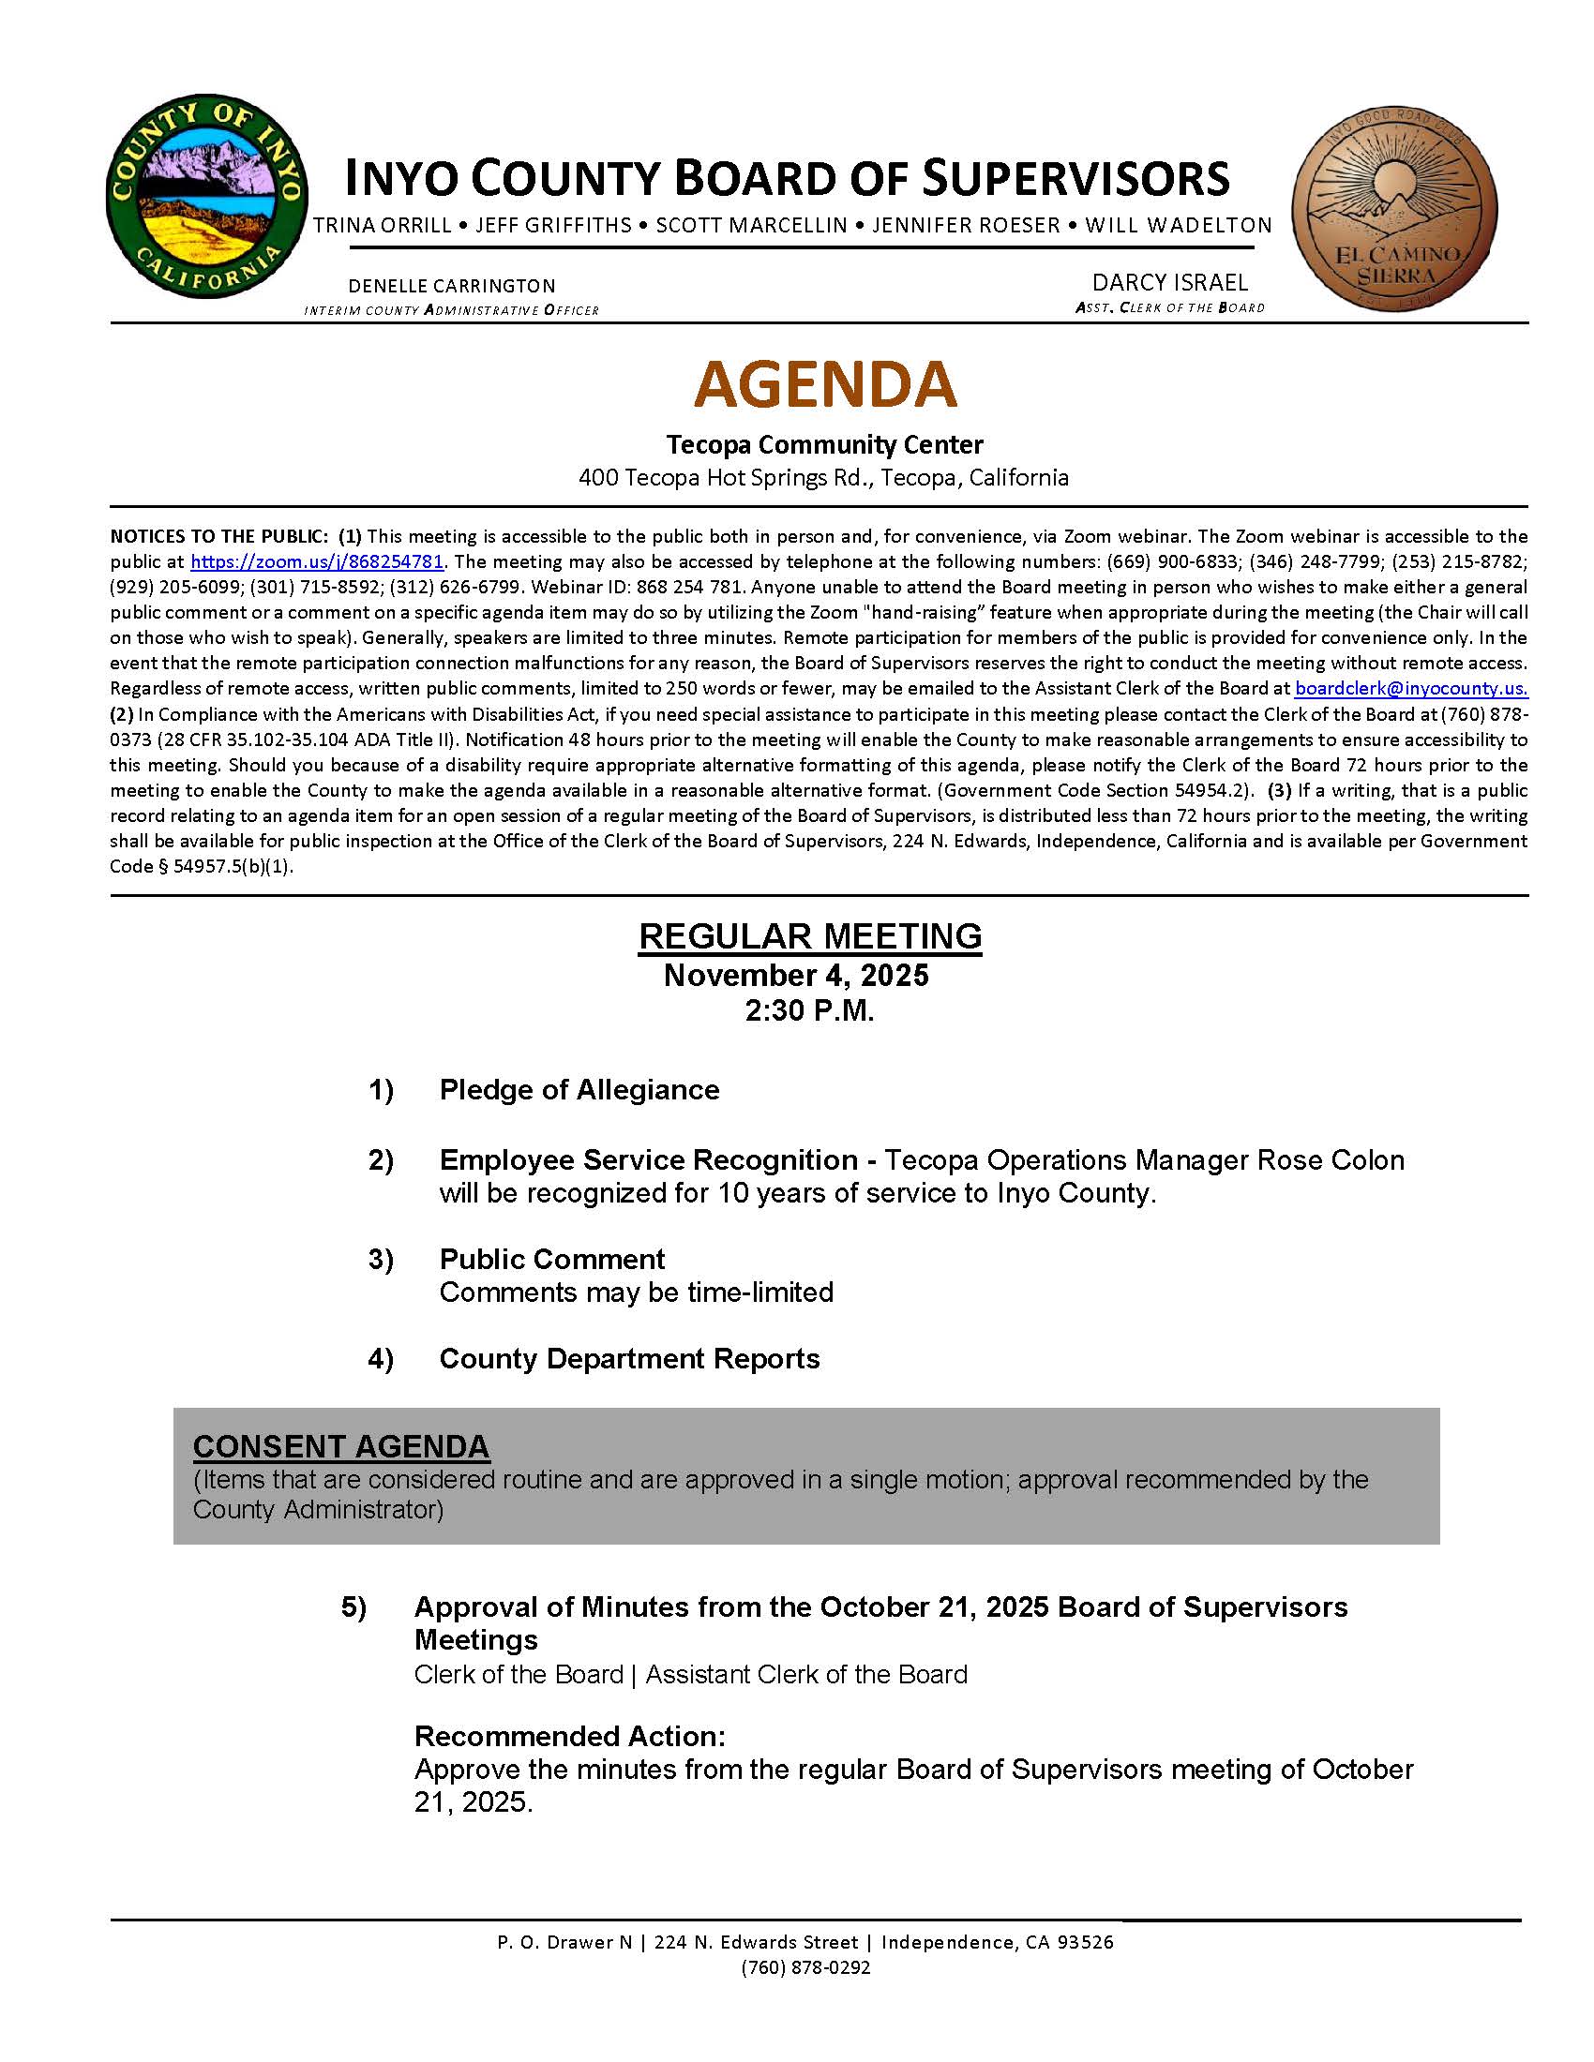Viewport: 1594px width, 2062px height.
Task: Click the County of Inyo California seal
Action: coord(207,197)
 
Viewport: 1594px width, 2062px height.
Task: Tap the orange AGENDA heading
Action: coord(825,383)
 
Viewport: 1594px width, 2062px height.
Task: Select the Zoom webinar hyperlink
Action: coord(316,561)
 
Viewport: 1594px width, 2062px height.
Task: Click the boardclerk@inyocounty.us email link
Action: coord(1411,688)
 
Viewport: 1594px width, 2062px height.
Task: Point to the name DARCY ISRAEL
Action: coord(1169,282)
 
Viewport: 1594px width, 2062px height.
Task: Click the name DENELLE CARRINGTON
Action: coord(451,286)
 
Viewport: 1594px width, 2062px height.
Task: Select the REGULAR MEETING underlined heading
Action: coord(810,935)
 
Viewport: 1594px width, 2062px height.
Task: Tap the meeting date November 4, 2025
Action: coord(796,976)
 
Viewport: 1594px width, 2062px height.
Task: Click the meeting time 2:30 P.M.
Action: coord(809,1011)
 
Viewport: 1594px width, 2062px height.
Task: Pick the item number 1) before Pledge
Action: coord(381,1090)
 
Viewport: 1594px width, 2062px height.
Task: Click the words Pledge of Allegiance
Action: coord(579,1090)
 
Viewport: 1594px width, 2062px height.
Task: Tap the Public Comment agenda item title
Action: coord(551,1260)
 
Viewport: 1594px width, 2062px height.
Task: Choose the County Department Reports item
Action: coord(629,1359)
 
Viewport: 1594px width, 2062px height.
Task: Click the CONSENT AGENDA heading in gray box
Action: coord(341,1446)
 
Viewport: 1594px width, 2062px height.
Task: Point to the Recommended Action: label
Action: coord(569,1736)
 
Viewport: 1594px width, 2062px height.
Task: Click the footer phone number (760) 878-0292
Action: coord(805,1967)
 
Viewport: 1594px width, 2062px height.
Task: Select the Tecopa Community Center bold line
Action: coord(824,444)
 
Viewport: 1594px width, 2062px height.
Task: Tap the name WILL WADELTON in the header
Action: coord(1178,226)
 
